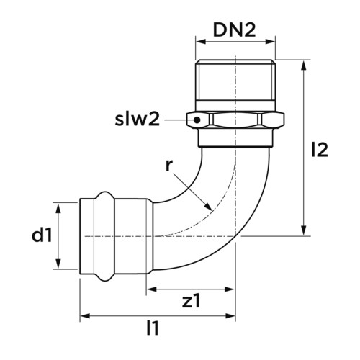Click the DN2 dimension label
[x=234, y=30]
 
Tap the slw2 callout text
[x=138, y=120]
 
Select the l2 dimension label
[x=319, y=150]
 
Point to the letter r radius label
[x=169, y=166]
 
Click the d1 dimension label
[x=42, y=235]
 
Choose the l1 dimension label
[x=153, y=328]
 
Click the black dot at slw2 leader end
[x=197, y=120]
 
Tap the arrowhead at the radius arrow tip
[x=208, y=206]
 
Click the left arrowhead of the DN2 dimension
[x=201, y=42]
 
